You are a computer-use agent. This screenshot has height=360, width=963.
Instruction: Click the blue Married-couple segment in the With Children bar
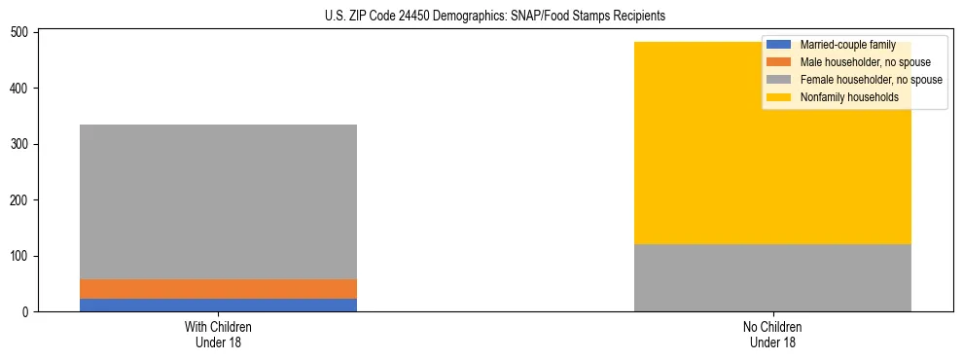(218, 305)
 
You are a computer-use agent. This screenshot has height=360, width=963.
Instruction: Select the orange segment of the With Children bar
(218, 289)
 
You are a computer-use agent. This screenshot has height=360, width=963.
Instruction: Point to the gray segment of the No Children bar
(772, 277)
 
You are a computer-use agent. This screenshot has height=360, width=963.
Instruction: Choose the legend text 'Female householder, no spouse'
(871, 80)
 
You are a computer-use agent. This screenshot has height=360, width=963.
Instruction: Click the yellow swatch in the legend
(779, 97)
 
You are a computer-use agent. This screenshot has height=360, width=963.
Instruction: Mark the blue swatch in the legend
(779, 45)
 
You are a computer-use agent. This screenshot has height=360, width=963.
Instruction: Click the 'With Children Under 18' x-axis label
(218, 334)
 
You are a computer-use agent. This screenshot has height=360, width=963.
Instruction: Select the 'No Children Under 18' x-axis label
(772, 334)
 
